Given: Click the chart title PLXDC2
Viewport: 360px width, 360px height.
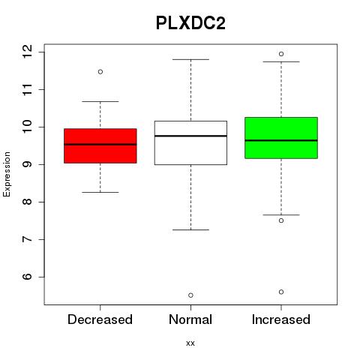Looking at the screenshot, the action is [x=190, y=23].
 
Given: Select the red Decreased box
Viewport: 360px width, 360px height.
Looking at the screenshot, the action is [x=100, y=146].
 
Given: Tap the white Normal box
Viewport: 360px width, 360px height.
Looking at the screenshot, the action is [x=190, y=142].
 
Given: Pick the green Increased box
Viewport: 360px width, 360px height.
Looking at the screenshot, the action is [x=281, y=138].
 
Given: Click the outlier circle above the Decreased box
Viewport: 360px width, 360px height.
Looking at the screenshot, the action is [x=100, y=72].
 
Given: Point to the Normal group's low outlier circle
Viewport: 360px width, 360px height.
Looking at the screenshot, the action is [x=190, y=295].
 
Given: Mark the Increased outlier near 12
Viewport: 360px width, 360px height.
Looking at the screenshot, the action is [x=281, y=54].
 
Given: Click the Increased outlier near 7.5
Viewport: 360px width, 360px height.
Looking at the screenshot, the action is [x=281, y=220].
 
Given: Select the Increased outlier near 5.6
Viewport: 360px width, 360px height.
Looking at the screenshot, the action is [x=281, y=292].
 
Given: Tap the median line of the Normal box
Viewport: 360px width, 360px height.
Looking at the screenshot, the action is [x=190, y=136].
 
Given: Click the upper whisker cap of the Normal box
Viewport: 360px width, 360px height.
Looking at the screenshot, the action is [x=190, y=59].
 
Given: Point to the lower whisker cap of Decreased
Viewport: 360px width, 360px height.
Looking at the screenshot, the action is [x=100, y=192].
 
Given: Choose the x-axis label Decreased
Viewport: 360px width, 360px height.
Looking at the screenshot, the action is [x=100, y=319].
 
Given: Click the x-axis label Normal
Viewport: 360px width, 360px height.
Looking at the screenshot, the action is [x=190, y=319].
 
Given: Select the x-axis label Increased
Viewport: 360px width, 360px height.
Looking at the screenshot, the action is [x=281, y=319].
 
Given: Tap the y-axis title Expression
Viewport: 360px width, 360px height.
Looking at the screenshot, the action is [x=7, y=174].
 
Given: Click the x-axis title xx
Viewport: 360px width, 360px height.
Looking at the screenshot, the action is [x=190, y=343].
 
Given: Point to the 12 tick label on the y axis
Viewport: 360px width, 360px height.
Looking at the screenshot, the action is [x=27, y=52].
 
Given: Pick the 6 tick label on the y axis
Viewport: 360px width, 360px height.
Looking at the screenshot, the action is [x=27, y=277].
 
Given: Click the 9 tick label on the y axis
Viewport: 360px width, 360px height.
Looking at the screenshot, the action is [x=27, y=164].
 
